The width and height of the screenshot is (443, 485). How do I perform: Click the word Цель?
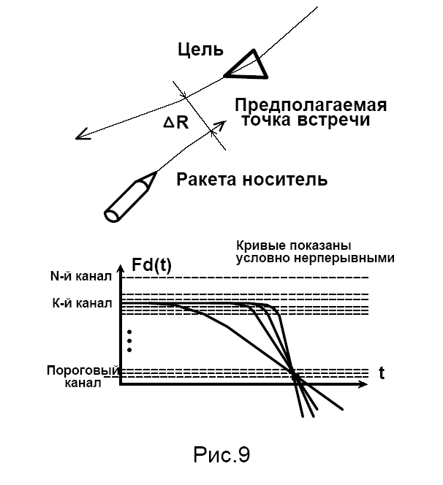[200, 50]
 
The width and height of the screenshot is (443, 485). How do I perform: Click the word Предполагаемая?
[311, 104]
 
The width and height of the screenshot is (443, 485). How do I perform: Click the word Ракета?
[207, 179]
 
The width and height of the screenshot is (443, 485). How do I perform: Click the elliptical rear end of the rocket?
[113, 214]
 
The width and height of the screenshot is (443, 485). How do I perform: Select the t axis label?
[382, 373]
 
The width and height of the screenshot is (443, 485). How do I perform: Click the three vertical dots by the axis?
[129, 340]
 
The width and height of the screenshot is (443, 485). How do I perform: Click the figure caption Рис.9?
[221, 456]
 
